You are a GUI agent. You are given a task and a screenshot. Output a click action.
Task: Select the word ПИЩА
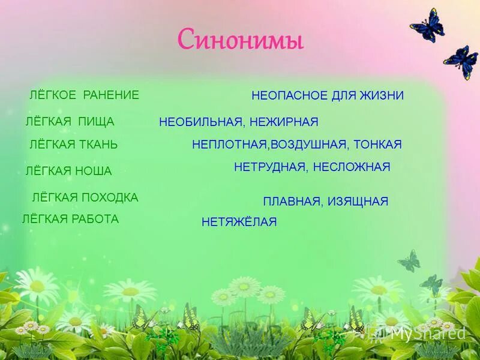[x=96, y=122]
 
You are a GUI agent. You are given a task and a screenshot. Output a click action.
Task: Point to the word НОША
[x=93, y=171]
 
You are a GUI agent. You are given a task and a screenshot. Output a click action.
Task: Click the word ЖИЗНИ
[x=382, y=95]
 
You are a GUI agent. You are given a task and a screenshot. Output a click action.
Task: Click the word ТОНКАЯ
[x=378, y=145]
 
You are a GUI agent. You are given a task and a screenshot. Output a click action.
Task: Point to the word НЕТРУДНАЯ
[x=271, y=167]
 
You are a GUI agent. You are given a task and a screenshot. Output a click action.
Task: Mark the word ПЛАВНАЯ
[x=292, y=202]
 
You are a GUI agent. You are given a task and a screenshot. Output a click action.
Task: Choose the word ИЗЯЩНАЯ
[x=358, y=202]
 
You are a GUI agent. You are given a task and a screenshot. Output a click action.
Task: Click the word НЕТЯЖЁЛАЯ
[x=239, y=223]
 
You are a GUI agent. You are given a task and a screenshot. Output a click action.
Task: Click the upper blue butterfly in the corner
[x=428, y=26]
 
